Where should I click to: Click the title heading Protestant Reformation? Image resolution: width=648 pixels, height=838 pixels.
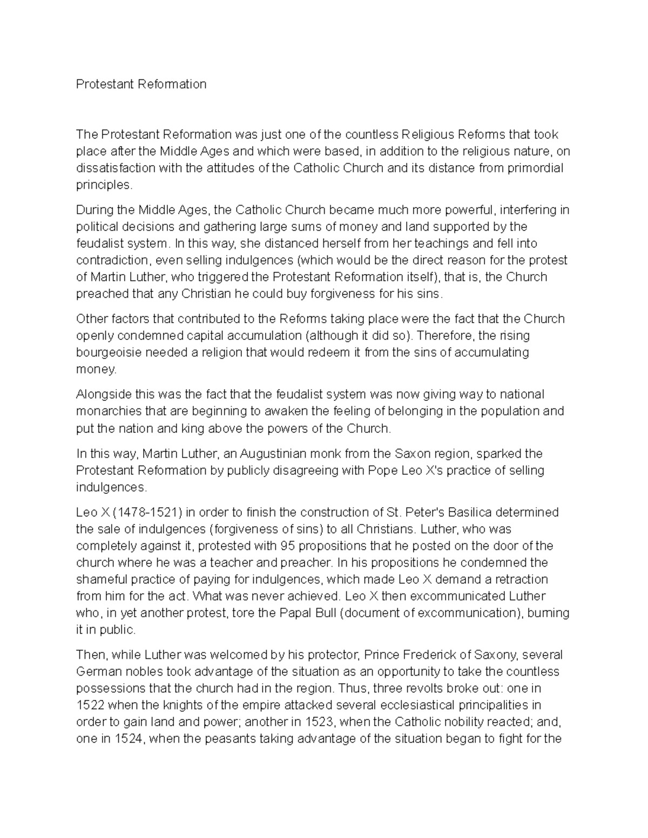point(141,84)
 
